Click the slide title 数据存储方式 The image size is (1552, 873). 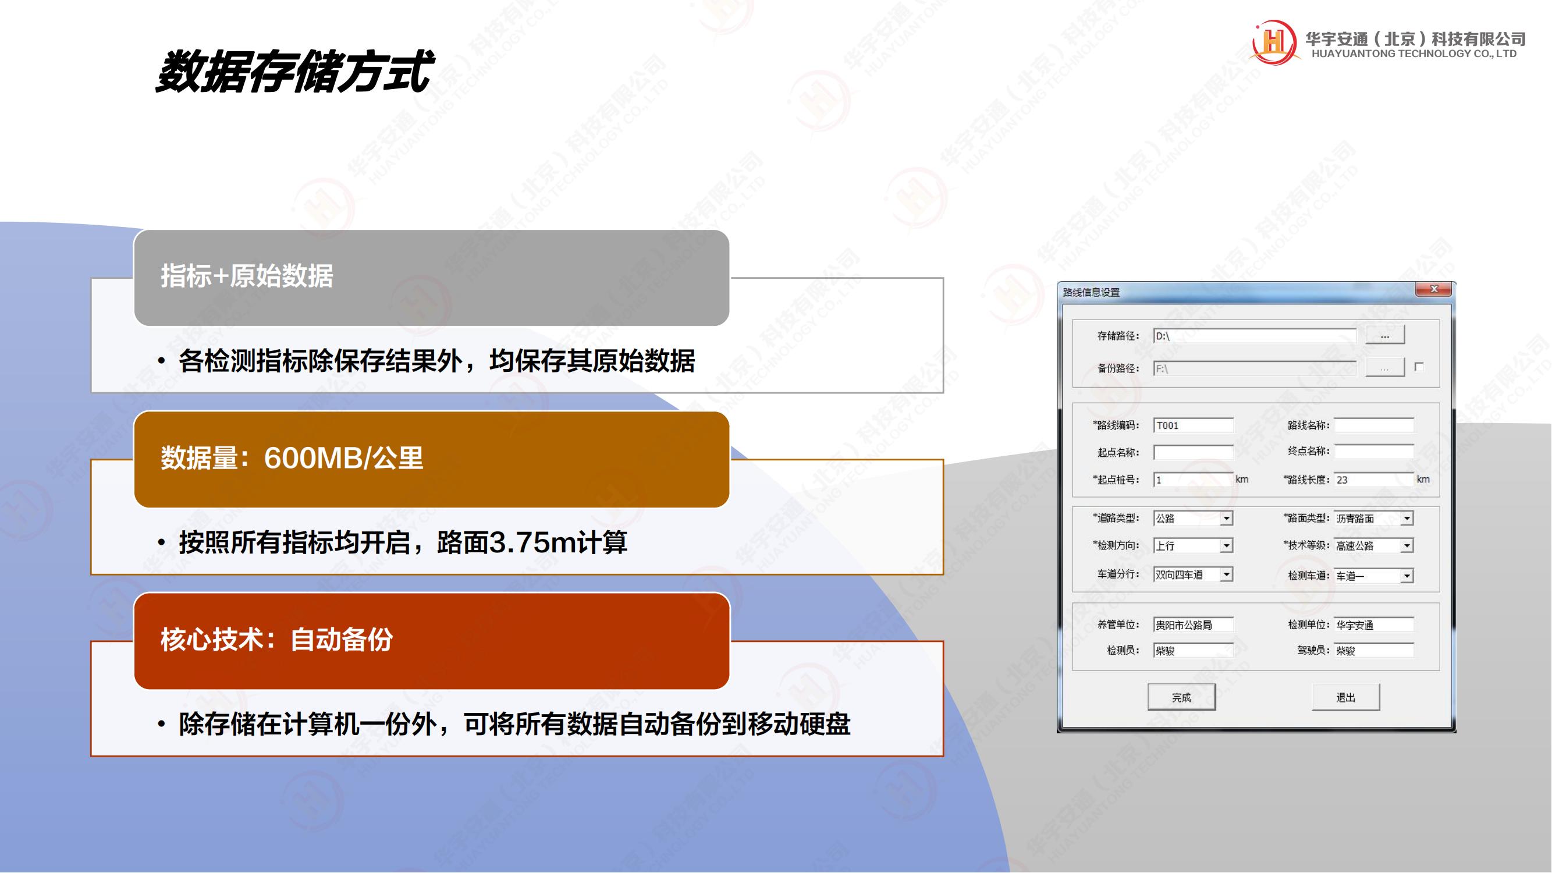coord(294,72)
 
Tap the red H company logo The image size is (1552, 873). coord(1273,41)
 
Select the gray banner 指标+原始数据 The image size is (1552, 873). coord(431,278)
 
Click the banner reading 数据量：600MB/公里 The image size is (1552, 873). coord(431,459)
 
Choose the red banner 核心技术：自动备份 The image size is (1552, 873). coord(431,640)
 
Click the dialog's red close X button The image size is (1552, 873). coord(1433,290)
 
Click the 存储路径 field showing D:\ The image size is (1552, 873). coord(1255,336)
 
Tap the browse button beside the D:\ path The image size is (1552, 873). coord(1384,335)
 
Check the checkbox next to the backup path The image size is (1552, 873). coord(1419,366)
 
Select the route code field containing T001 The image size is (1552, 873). coord(1193,425)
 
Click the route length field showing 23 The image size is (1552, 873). coord(1374,480)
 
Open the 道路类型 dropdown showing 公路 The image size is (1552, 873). coord(1193,518)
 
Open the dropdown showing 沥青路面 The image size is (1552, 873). coord(1374,518)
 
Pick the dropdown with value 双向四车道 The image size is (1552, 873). coord(1193,575)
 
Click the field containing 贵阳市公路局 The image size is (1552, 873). coord(1193,624)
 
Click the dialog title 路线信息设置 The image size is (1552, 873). coord(1091,292)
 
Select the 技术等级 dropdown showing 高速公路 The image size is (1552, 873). coord(1374,545)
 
